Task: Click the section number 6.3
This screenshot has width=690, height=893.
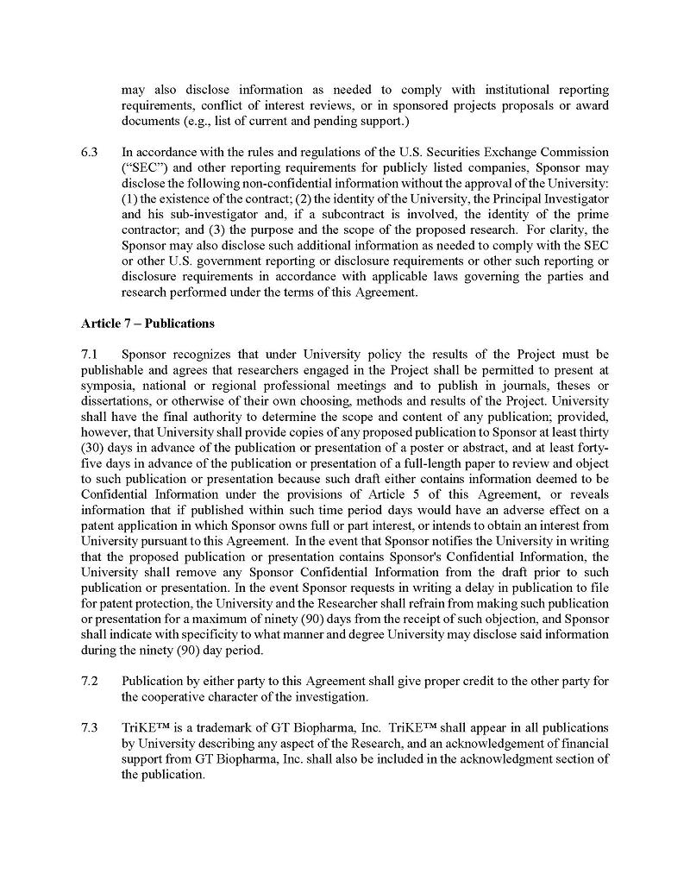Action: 91,152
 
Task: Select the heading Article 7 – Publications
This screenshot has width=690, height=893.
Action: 147,324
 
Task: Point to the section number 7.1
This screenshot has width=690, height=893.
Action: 91,355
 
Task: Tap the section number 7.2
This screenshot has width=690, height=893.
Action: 91,681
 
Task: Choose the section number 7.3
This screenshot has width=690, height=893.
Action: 91,727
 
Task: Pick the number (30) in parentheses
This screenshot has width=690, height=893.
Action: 94,447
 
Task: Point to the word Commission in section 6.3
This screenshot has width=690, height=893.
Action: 575,152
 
